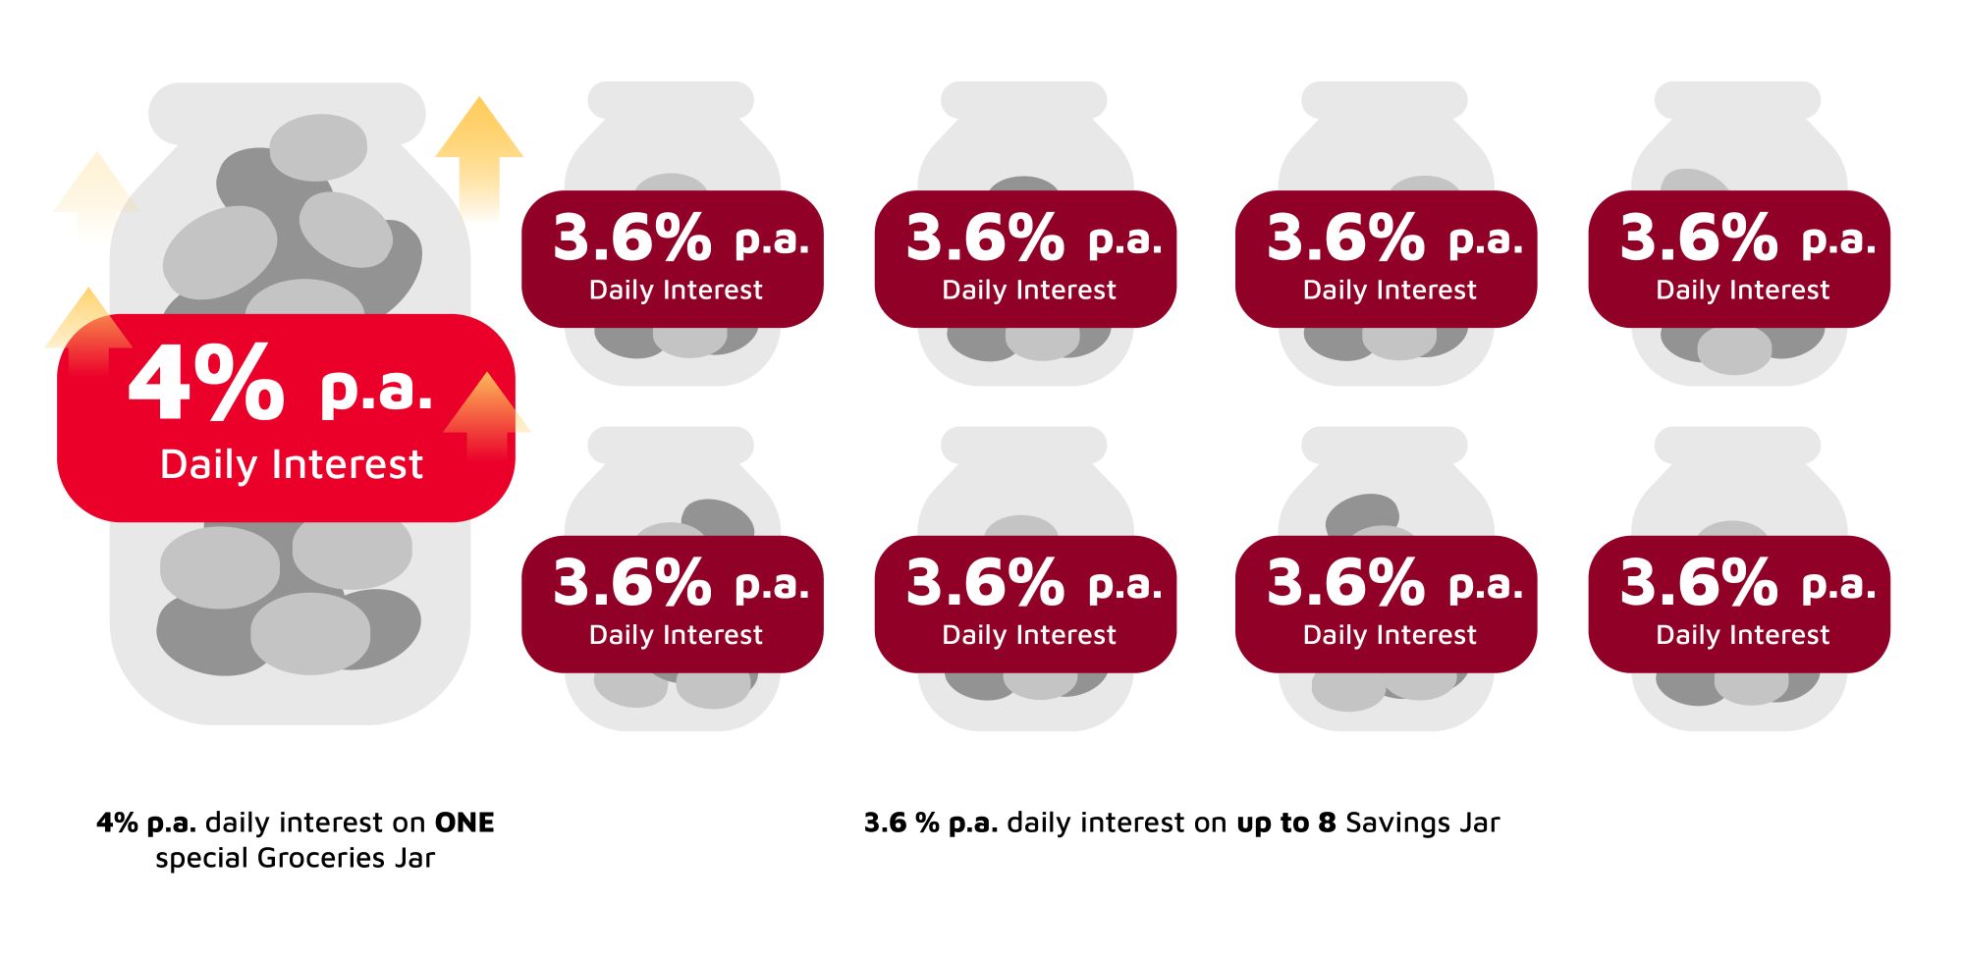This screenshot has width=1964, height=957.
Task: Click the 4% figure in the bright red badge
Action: coord(206,385)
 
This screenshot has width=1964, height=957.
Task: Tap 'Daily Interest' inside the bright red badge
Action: coord(292,464)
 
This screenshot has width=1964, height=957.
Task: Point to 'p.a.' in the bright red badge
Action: coord(376,390)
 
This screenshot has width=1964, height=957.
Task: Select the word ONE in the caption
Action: coord(464,823)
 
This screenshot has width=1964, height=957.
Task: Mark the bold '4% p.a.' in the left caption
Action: coord(146,823)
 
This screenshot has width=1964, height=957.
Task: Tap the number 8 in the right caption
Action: coord(1327,823)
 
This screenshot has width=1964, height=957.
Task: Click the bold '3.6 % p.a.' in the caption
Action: coord(930,823)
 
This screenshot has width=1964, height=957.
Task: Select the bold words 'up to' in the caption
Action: coord(1275,823)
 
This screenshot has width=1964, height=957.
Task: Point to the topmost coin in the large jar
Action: coord(318,147)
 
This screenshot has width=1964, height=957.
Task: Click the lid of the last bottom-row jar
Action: coord(1737,445)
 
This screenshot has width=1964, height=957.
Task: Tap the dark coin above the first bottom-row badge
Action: coord(718,517)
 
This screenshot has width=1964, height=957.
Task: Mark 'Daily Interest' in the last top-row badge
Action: coord(1742,291)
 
